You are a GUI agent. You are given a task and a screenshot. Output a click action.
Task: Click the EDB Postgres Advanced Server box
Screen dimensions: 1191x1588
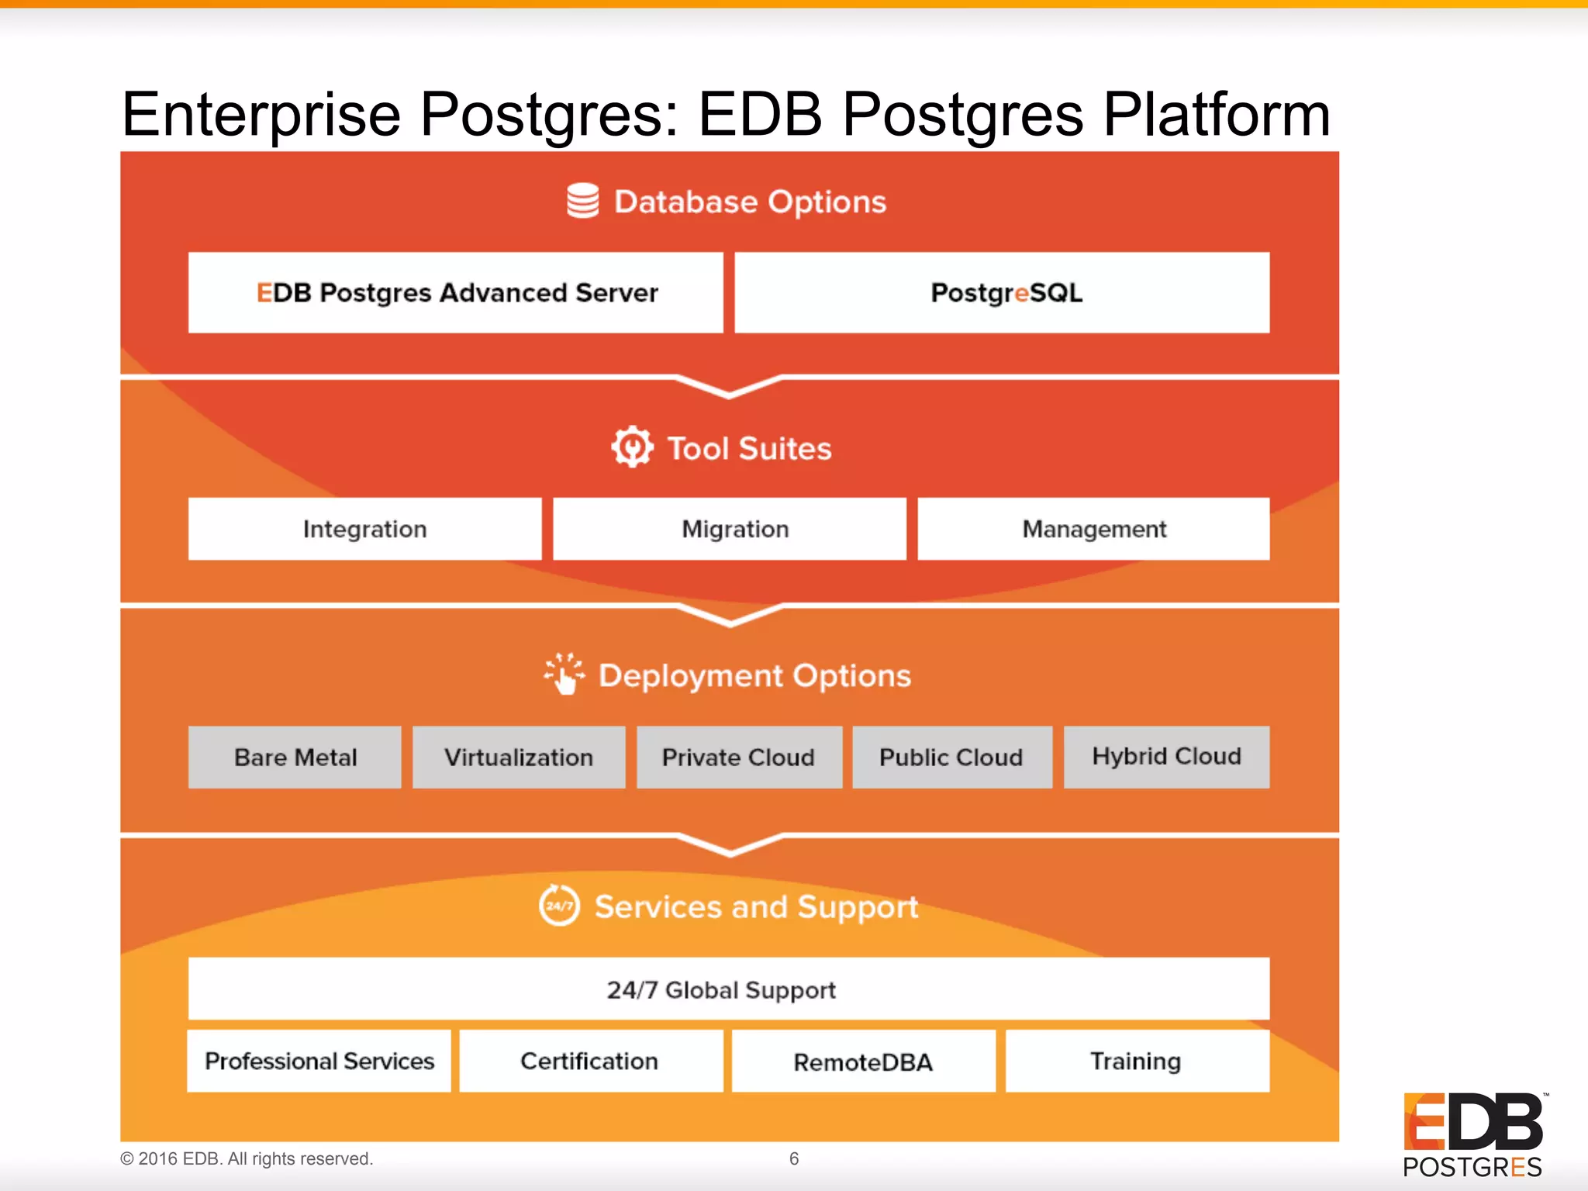pos(456,292)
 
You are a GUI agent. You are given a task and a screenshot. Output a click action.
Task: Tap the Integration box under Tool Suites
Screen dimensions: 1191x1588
pos(364,529)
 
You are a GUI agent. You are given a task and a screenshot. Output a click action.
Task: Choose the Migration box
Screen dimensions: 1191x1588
pos(730,529)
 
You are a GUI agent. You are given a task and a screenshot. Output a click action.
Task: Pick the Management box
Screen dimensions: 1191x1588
pos(1093,529)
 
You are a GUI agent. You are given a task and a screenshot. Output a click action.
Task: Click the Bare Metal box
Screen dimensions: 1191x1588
pos(295,757)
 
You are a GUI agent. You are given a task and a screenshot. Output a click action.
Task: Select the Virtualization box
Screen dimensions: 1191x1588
pos(519,757)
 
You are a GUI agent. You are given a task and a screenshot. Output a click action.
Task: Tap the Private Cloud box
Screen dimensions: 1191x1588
pos(739,757)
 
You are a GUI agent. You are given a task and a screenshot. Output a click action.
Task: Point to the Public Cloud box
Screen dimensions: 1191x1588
pos(952,757)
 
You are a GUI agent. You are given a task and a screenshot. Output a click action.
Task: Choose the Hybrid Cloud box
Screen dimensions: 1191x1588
pos(1166,757)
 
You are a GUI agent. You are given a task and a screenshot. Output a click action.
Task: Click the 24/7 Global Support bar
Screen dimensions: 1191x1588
pos(729,989)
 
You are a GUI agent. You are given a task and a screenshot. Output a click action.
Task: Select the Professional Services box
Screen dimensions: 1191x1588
pos(319,1061)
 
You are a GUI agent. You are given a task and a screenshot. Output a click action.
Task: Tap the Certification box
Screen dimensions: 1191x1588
pos(591,1061)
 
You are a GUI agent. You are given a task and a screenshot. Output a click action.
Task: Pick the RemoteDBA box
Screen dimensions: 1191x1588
pos(863,1061)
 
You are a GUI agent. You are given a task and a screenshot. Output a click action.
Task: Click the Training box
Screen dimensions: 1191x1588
pos(1137,1061)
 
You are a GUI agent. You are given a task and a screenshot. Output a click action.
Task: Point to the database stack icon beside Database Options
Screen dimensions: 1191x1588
pos(582,201)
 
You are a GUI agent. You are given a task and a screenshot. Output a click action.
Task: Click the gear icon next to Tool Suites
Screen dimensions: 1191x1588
pos(632,447)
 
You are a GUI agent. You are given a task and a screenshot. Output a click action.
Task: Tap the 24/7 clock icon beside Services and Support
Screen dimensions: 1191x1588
pos(559,905)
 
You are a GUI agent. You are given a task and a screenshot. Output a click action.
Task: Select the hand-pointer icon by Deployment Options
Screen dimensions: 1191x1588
pos(564,674)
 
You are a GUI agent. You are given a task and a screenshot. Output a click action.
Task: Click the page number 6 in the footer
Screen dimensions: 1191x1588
pos(794,1158)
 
